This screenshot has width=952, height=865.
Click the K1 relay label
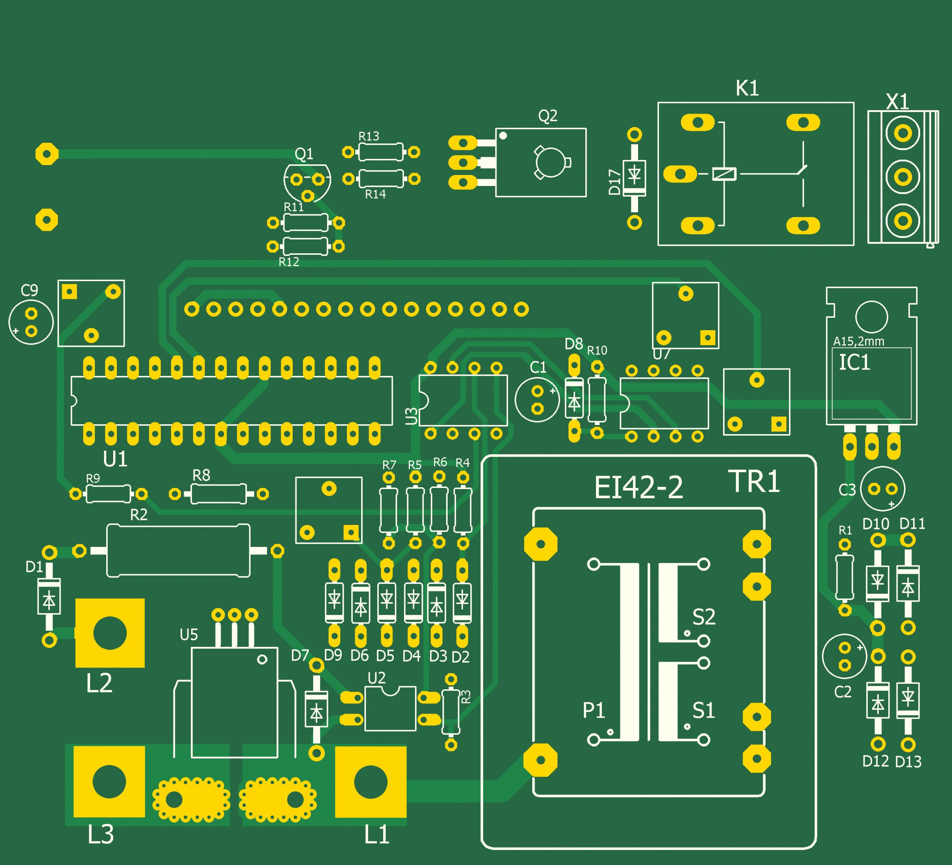(x=747, y=88)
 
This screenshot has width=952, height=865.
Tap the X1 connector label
(x=897, y=101)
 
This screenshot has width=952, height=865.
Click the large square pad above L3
(x=109, y=782)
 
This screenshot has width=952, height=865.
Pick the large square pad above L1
(x=371, y=782)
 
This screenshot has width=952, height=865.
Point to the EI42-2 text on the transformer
(x=638, y=488)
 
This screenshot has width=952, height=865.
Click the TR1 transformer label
(x=754, y=482)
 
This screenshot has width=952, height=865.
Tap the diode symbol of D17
(x=635, y=175)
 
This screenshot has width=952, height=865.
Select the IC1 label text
(x=854, y=363)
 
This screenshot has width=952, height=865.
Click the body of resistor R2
(x=178, y=550)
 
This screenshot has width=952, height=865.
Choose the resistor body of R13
(x=381, y=152)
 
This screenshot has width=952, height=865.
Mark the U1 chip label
(x=115, y=459)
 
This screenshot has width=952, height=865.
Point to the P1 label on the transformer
(x=594, y=710)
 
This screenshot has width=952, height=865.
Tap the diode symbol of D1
(x=49, y=600)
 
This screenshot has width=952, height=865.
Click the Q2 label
(x=548, y=116)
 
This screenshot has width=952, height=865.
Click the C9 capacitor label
(x=29, y=290)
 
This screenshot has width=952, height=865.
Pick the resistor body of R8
(x=218, y=493)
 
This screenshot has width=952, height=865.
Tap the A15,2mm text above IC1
(x=858, y=341)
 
